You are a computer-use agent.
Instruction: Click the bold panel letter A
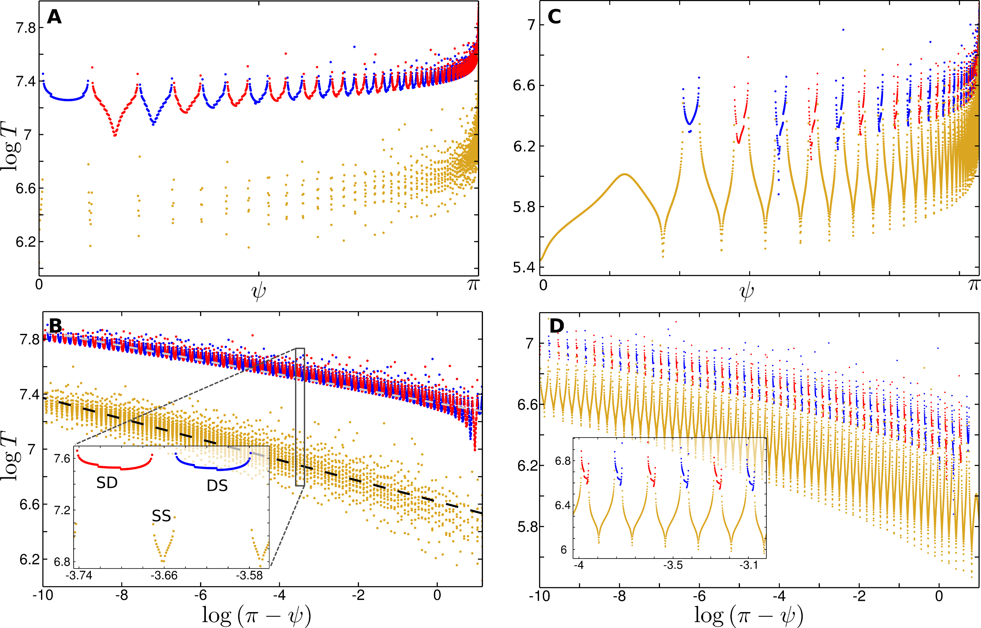pos(54,17)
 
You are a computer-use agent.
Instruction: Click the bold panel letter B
pos(55,326)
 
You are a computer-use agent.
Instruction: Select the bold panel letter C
pos(554,17)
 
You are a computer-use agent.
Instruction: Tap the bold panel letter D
pos(557,326)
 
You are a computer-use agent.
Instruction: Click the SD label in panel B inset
pos(107,483)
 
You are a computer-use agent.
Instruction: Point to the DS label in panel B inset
pos(217,486)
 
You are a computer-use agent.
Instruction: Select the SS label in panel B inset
pos(161,516)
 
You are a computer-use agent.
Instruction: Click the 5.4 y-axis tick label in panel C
pos(524,267)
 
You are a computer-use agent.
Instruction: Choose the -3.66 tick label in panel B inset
pos(164,576)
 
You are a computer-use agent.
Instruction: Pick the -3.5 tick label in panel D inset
pos(673,565)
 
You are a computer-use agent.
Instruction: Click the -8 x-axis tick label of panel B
pos(122,595)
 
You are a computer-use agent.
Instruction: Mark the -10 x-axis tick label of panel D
pos(539,596)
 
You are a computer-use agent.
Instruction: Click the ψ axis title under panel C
pos(747,292)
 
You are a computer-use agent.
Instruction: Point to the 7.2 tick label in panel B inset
pos(62,510)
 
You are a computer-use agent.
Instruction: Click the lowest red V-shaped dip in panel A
pos(115,135)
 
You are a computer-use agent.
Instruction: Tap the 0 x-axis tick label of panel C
pos(543,285)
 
